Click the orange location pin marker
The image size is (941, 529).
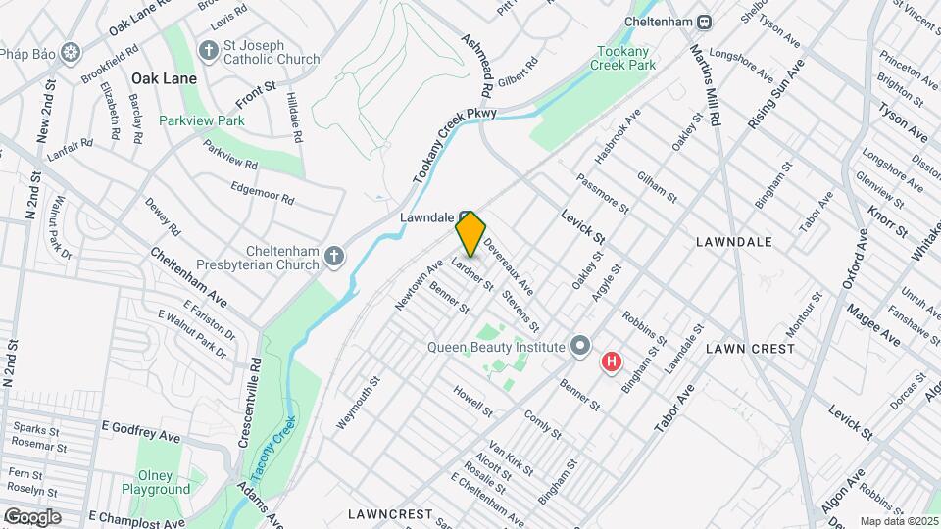tap(470, 233)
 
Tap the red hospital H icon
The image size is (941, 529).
tap(612, 362)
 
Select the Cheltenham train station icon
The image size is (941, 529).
tap(704, 22)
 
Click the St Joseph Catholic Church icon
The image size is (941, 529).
tap(208, 50)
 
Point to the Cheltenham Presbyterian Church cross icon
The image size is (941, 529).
tap(334, 257)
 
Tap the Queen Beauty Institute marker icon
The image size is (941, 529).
tap(580, 347)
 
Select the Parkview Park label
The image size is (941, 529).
tap(202, 121)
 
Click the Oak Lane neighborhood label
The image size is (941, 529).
tap(164, 78)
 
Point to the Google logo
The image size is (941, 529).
tap(32, 516)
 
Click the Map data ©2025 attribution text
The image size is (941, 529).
tap(899, 521)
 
